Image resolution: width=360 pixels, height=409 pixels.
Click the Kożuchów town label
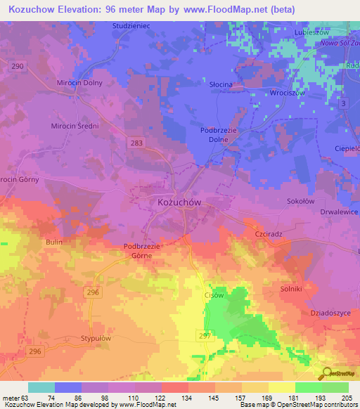pyautogui.click(x=176, y=202)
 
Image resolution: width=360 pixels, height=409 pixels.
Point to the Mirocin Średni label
pyautogui.click(x=75, y=126)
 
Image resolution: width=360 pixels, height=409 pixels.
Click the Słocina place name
pyautogui.click(x=221, y=84)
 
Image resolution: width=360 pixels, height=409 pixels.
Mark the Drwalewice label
pyautogui.click(x=334, y=212)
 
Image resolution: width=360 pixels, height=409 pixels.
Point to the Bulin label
pyautogui.click(x=54, y=242)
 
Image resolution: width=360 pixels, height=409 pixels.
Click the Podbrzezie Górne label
pyautogui.click(x=143, y=251)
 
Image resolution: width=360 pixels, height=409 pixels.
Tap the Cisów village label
pyautogui.click(x=213, y=295)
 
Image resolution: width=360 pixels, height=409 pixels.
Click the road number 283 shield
pyautogui.click(x=137, y=143)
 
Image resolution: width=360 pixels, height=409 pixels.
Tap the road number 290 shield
pyautogui.click(x=17, y=65)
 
